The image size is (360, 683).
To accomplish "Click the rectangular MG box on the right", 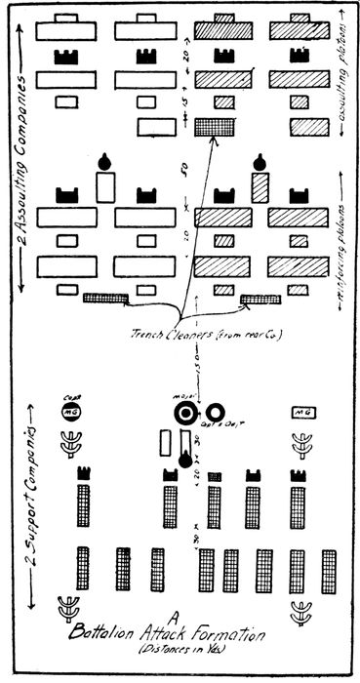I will [x=301, y=414].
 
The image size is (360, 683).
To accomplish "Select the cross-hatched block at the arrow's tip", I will [x=210, y=126].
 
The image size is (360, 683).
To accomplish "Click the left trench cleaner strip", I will [x=105, y=299].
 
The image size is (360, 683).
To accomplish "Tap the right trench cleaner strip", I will [x=260, y=299].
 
